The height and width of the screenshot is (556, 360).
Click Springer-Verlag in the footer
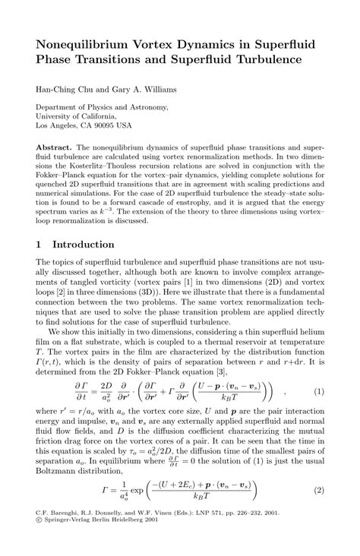(66, 542)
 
